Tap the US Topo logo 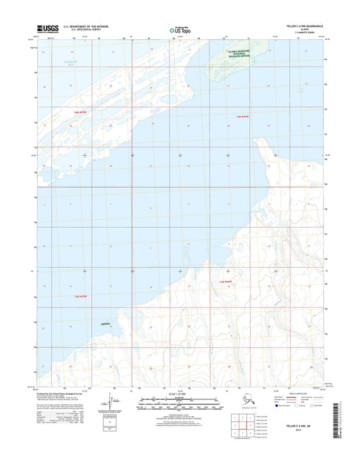(180, 29)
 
